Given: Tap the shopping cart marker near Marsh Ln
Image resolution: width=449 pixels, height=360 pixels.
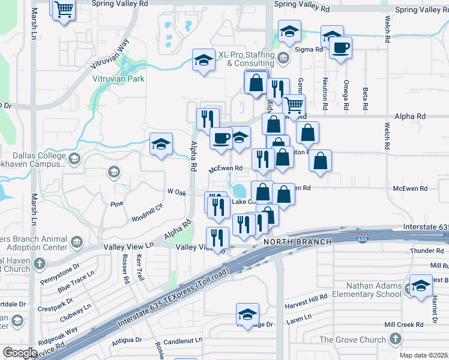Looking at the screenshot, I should [63, 10].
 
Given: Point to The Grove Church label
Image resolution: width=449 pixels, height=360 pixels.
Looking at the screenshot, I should [352, 340].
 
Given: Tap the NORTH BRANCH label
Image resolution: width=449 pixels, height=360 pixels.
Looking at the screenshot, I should [297, 242].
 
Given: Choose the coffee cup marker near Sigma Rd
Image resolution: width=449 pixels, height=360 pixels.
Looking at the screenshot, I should [341, 47].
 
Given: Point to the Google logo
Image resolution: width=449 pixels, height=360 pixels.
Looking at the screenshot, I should [20, 353].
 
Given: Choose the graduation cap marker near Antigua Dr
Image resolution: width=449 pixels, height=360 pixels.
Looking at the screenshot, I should [247, 314].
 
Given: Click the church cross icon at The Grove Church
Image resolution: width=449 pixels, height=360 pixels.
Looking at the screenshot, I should [395, 340].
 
